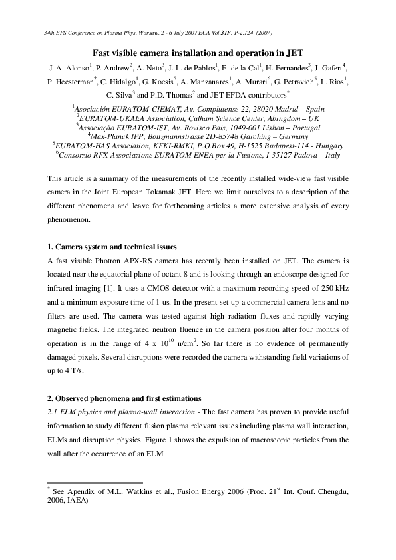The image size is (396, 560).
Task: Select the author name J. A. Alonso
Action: (x=68, y=69)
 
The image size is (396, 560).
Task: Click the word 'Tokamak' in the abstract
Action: (x=198, y=193)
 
